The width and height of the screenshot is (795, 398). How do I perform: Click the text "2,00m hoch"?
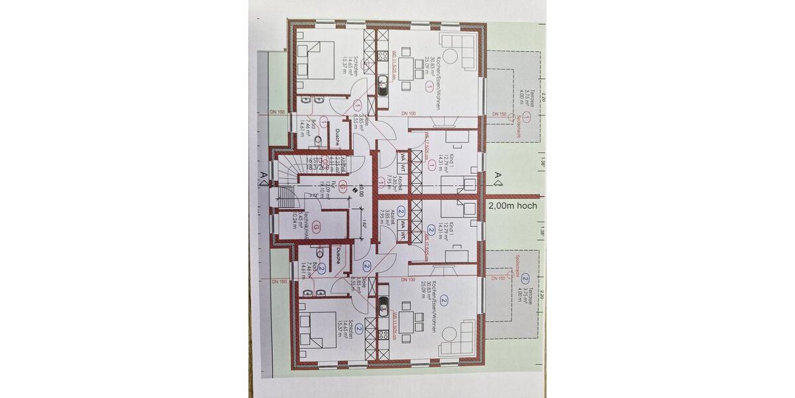tap(512, 206)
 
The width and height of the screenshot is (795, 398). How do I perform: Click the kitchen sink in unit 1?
tap(383, 85)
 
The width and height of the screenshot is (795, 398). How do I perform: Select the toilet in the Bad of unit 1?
tap(317, 140)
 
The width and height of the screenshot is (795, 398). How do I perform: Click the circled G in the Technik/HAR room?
tap(317, 228)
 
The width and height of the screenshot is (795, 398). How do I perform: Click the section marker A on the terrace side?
tap(498, 175)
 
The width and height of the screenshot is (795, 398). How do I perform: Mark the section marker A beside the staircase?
tap(264, 175)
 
